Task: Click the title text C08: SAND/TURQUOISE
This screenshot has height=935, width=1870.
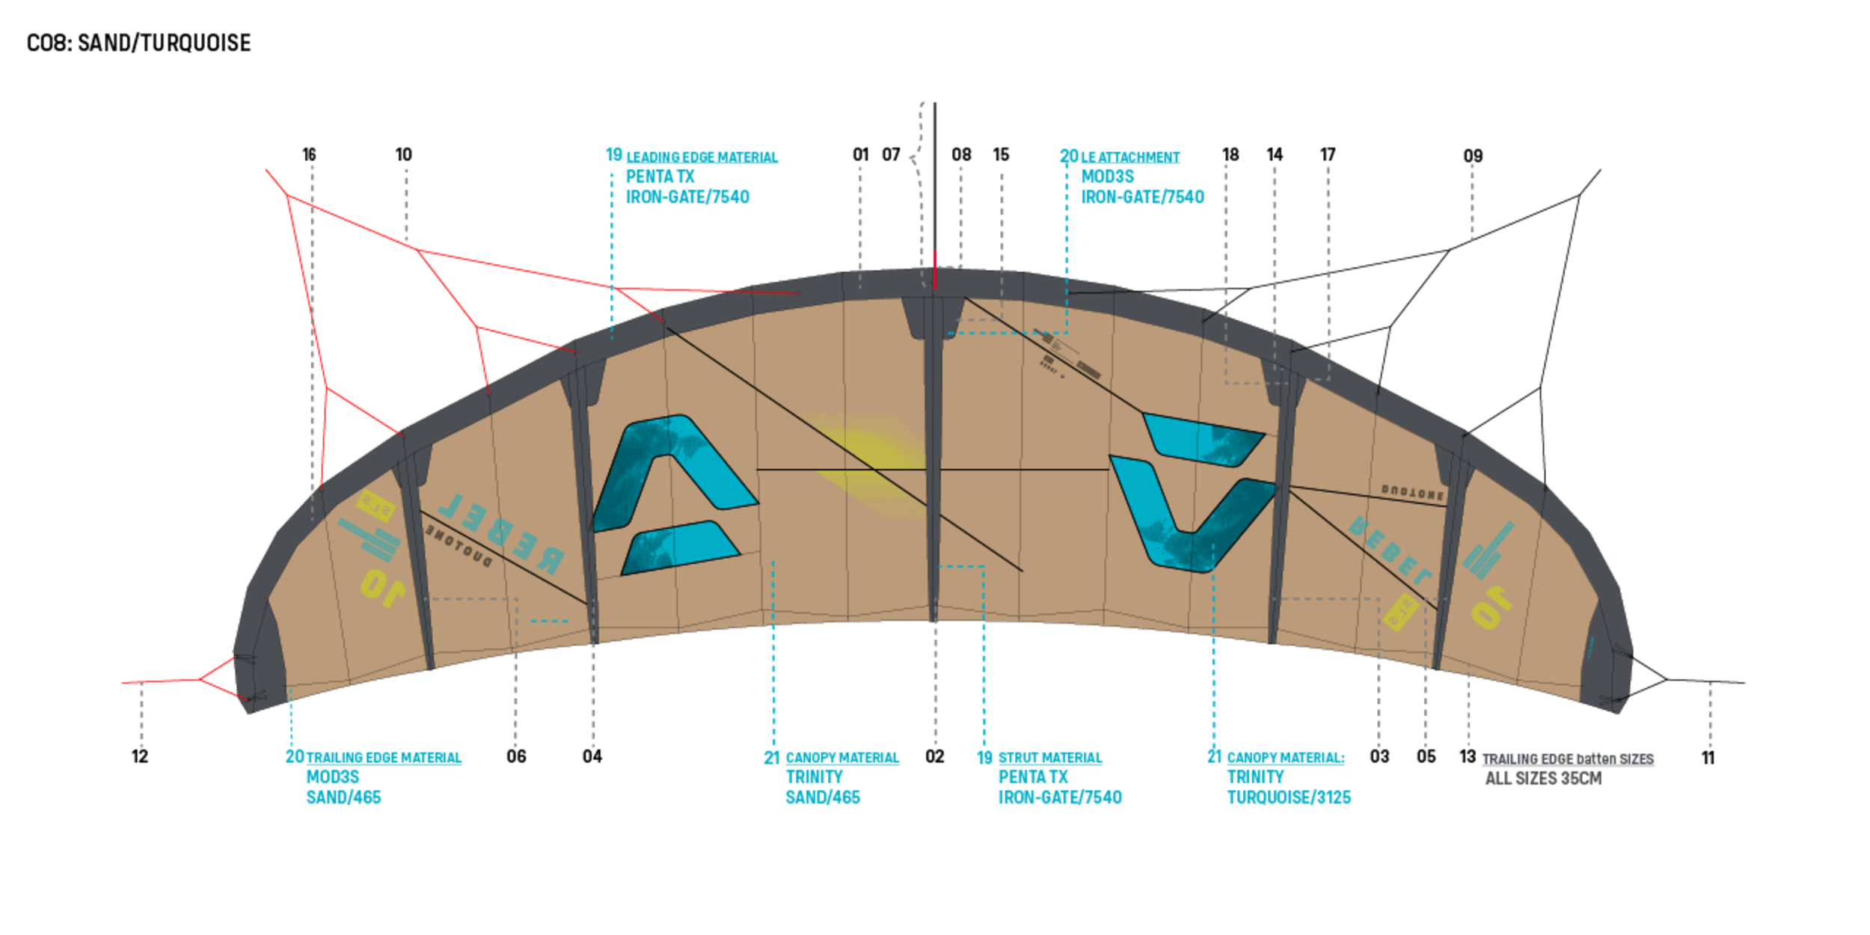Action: (x=139, y=43)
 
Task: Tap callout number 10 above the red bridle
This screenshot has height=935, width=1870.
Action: (x=404, y=155)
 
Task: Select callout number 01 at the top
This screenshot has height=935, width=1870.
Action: (x=860, y=155)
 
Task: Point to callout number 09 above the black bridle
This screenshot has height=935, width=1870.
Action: (x=1472, y=156)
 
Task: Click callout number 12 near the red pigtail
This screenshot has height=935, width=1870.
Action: (x=140, y=757)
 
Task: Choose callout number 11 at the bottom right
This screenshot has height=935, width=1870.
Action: (x=1708, y=758)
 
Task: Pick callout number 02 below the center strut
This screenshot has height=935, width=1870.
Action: (x=935, y=757)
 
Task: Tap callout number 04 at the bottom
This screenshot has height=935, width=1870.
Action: (x=592, y=757)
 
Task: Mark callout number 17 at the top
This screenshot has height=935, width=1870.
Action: (x=1328, y=155)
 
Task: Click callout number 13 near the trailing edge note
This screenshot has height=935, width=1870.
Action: (x=1468, y=757)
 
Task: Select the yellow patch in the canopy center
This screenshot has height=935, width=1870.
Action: (x=871, y=464)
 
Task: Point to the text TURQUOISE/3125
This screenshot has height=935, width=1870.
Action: (x=1289, y=798)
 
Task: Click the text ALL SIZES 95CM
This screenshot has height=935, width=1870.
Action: (x=1542, y=779)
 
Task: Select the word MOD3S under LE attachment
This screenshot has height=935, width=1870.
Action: (x=1107, y=177)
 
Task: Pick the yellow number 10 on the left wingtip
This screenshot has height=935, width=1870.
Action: (x=383, y=589)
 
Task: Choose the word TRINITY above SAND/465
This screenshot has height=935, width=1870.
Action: (x=814, y=778)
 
